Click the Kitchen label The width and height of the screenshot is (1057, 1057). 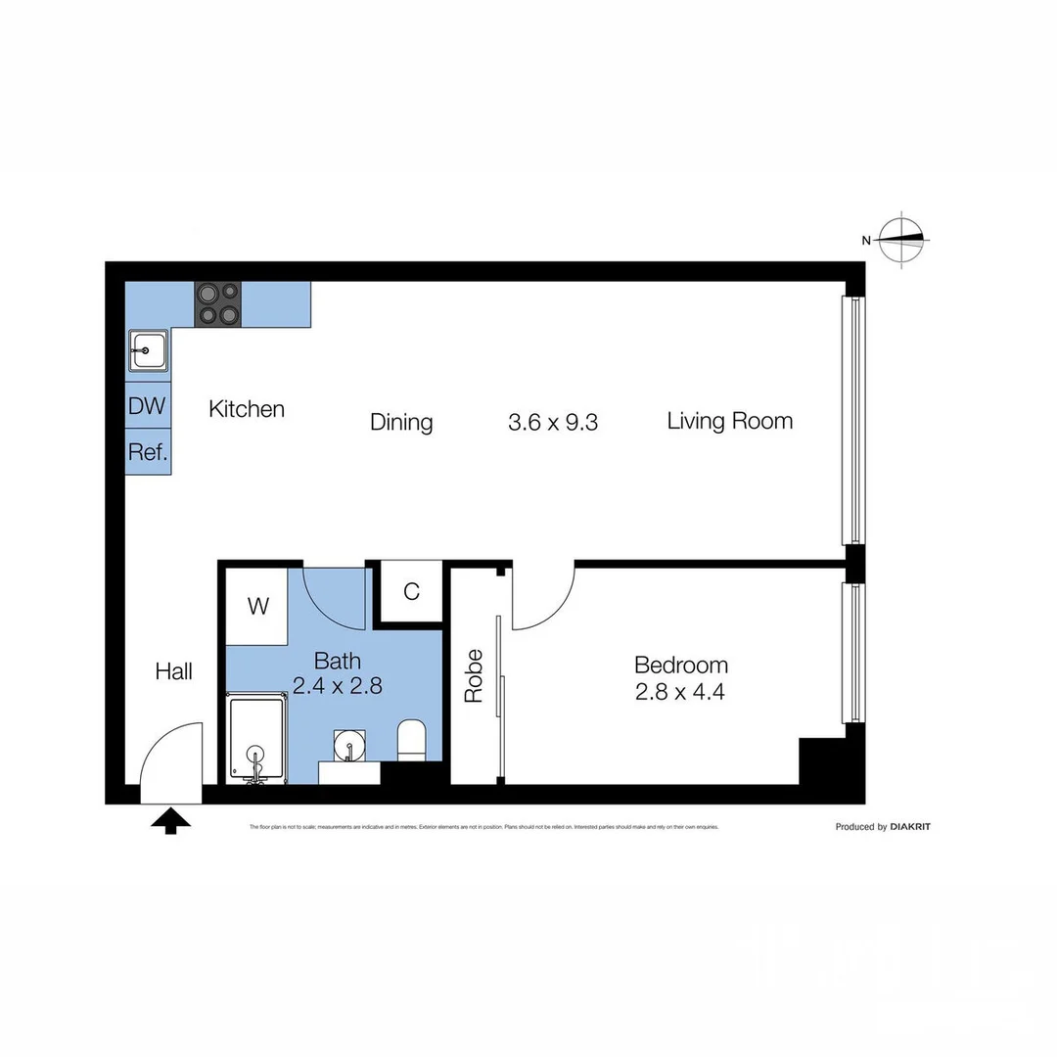coord(247,409)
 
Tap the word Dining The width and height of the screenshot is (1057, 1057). coord(401,422)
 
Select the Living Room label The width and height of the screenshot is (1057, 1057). coord(729,421)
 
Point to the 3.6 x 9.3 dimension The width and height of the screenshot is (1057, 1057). coord(553,422)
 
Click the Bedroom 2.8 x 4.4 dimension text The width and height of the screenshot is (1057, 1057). coord(680,691)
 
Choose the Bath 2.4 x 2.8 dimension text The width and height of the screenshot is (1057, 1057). coord(337,685)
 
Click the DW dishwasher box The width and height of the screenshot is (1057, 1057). coord(148,406)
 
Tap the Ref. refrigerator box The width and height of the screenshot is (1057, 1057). coord(148,452)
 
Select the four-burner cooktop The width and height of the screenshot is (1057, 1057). coord(217,303)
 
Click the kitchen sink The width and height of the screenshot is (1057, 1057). coord(149,349)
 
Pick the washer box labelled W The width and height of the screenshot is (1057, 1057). coord(257,607)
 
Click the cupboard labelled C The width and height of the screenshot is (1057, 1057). coord(411,591)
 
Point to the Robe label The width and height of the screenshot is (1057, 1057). coord(475,675)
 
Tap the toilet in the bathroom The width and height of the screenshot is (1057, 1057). coord(411,741)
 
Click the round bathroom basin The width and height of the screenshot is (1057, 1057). coord(348,746)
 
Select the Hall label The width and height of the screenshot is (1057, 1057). coord(174,671)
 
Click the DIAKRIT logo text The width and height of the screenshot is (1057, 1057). coord(909,827)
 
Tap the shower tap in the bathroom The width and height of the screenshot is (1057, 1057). coord(255,757)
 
